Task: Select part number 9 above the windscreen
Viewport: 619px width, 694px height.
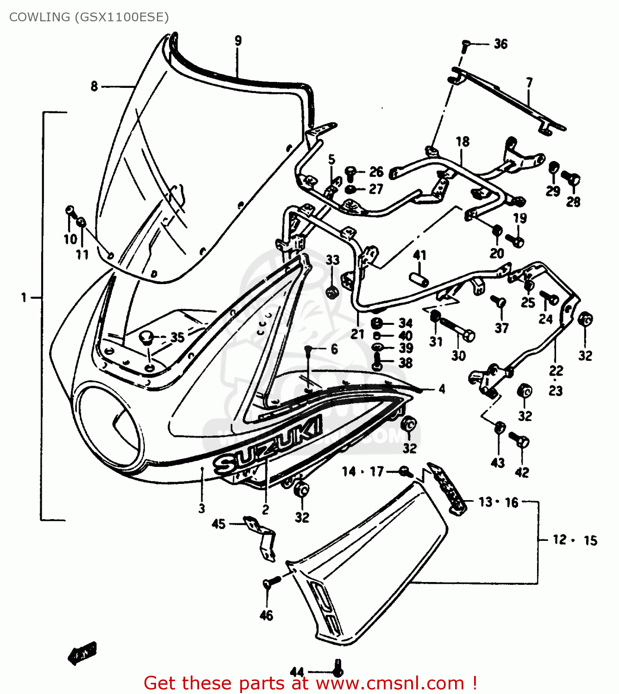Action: (x=238, y=41)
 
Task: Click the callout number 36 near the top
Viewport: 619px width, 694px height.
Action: (x=500, y=44)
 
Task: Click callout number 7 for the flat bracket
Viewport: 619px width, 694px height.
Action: (x=529, y=83)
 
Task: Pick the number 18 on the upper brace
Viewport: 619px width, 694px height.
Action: (x=463, y=142)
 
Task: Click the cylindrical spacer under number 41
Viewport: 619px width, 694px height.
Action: (x=419, y=280)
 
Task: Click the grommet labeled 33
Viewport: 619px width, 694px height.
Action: (x=331, y=292)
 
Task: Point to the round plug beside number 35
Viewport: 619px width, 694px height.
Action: (x=147, y=337)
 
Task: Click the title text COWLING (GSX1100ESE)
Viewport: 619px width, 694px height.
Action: (x=89, y=17)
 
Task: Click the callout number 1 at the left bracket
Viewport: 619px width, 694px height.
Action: (x=24, y=297)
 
